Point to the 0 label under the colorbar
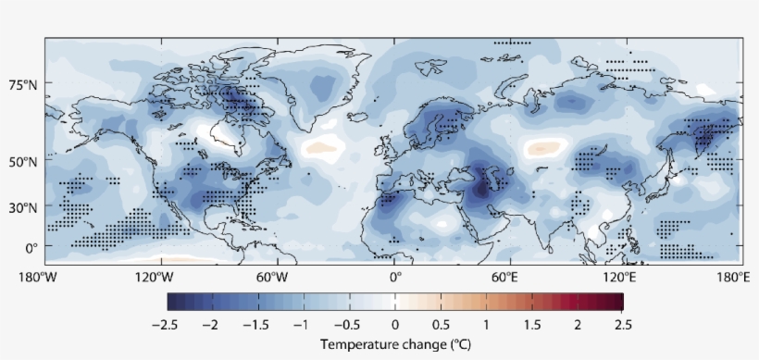tap(395, 325)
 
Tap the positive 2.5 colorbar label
tap(623, 325)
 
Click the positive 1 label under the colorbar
tap(486, 325)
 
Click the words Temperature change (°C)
tap(395, 344)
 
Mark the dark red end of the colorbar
tap(617, 302)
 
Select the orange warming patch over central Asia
tap(544, 146)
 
